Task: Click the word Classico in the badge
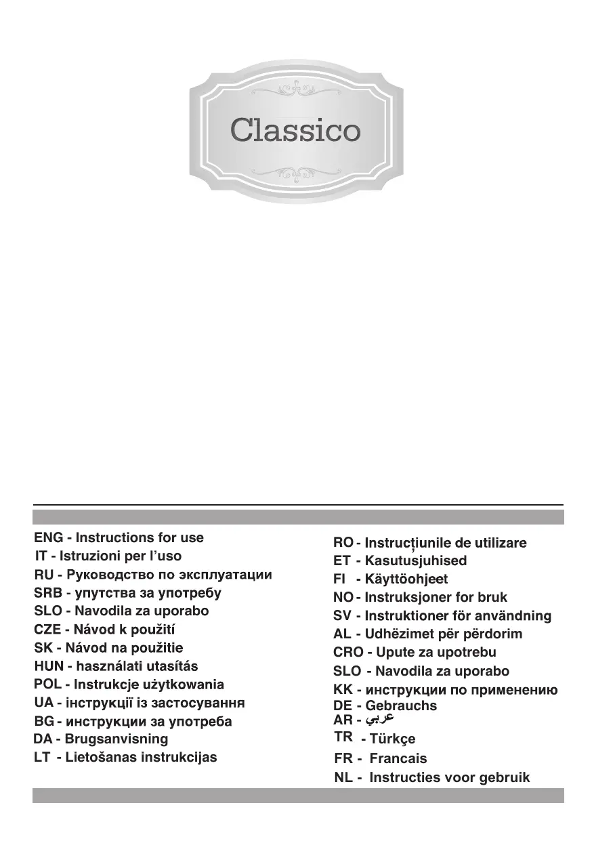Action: pos(295,129)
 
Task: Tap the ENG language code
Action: pos(48,538)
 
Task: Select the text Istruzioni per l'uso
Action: pos(121,556)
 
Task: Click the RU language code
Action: pos(43,575)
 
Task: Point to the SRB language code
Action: pos(48,593)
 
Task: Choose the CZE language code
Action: pos(47,630)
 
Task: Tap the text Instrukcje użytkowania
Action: pos(149,684)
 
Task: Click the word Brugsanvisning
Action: pos(116,739)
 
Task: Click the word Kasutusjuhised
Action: pos(416,560)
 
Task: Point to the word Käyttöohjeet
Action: pos(406,579)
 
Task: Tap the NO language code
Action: pos(343,598)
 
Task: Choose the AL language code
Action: pos(342,634)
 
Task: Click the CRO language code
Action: pos(348,653)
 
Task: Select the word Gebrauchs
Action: pos(401,705)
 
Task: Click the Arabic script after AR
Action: pos(380,718)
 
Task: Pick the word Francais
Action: pos(398,759)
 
